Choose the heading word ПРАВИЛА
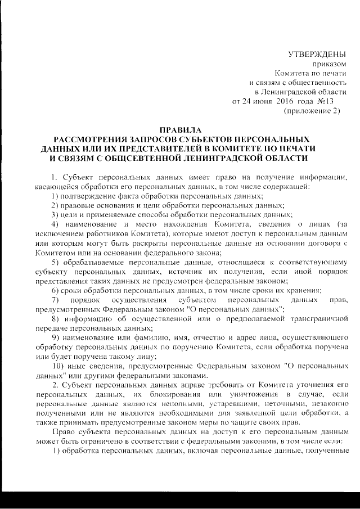180,129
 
